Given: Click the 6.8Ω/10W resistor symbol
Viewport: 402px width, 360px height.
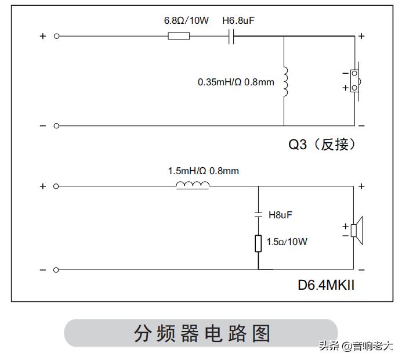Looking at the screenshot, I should tap(178, 36).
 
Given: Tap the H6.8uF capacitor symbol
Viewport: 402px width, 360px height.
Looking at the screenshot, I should tap(231, 36).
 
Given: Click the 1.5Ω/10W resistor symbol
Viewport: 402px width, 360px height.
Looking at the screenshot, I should tap(258, 243).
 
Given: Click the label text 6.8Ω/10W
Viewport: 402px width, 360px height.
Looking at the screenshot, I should tap(186, 21).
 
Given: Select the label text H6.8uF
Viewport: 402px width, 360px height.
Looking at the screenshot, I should tap(239, 21).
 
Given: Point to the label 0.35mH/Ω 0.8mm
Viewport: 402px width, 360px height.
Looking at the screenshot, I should tap(236, 82).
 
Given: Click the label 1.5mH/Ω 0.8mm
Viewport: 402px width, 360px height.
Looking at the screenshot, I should tap(203, 171).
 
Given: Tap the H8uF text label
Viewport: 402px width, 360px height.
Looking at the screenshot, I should tap(280, 215).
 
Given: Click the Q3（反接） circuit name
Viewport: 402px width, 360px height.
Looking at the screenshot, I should tap(322, 144).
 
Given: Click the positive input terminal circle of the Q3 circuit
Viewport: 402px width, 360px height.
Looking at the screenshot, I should tap(56, 36).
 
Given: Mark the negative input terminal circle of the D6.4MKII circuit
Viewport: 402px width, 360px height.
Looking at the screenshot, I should tap(56, 269).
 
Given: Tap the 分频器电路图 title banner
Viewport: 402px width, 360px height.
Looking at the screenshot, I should tap(201, 333).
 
